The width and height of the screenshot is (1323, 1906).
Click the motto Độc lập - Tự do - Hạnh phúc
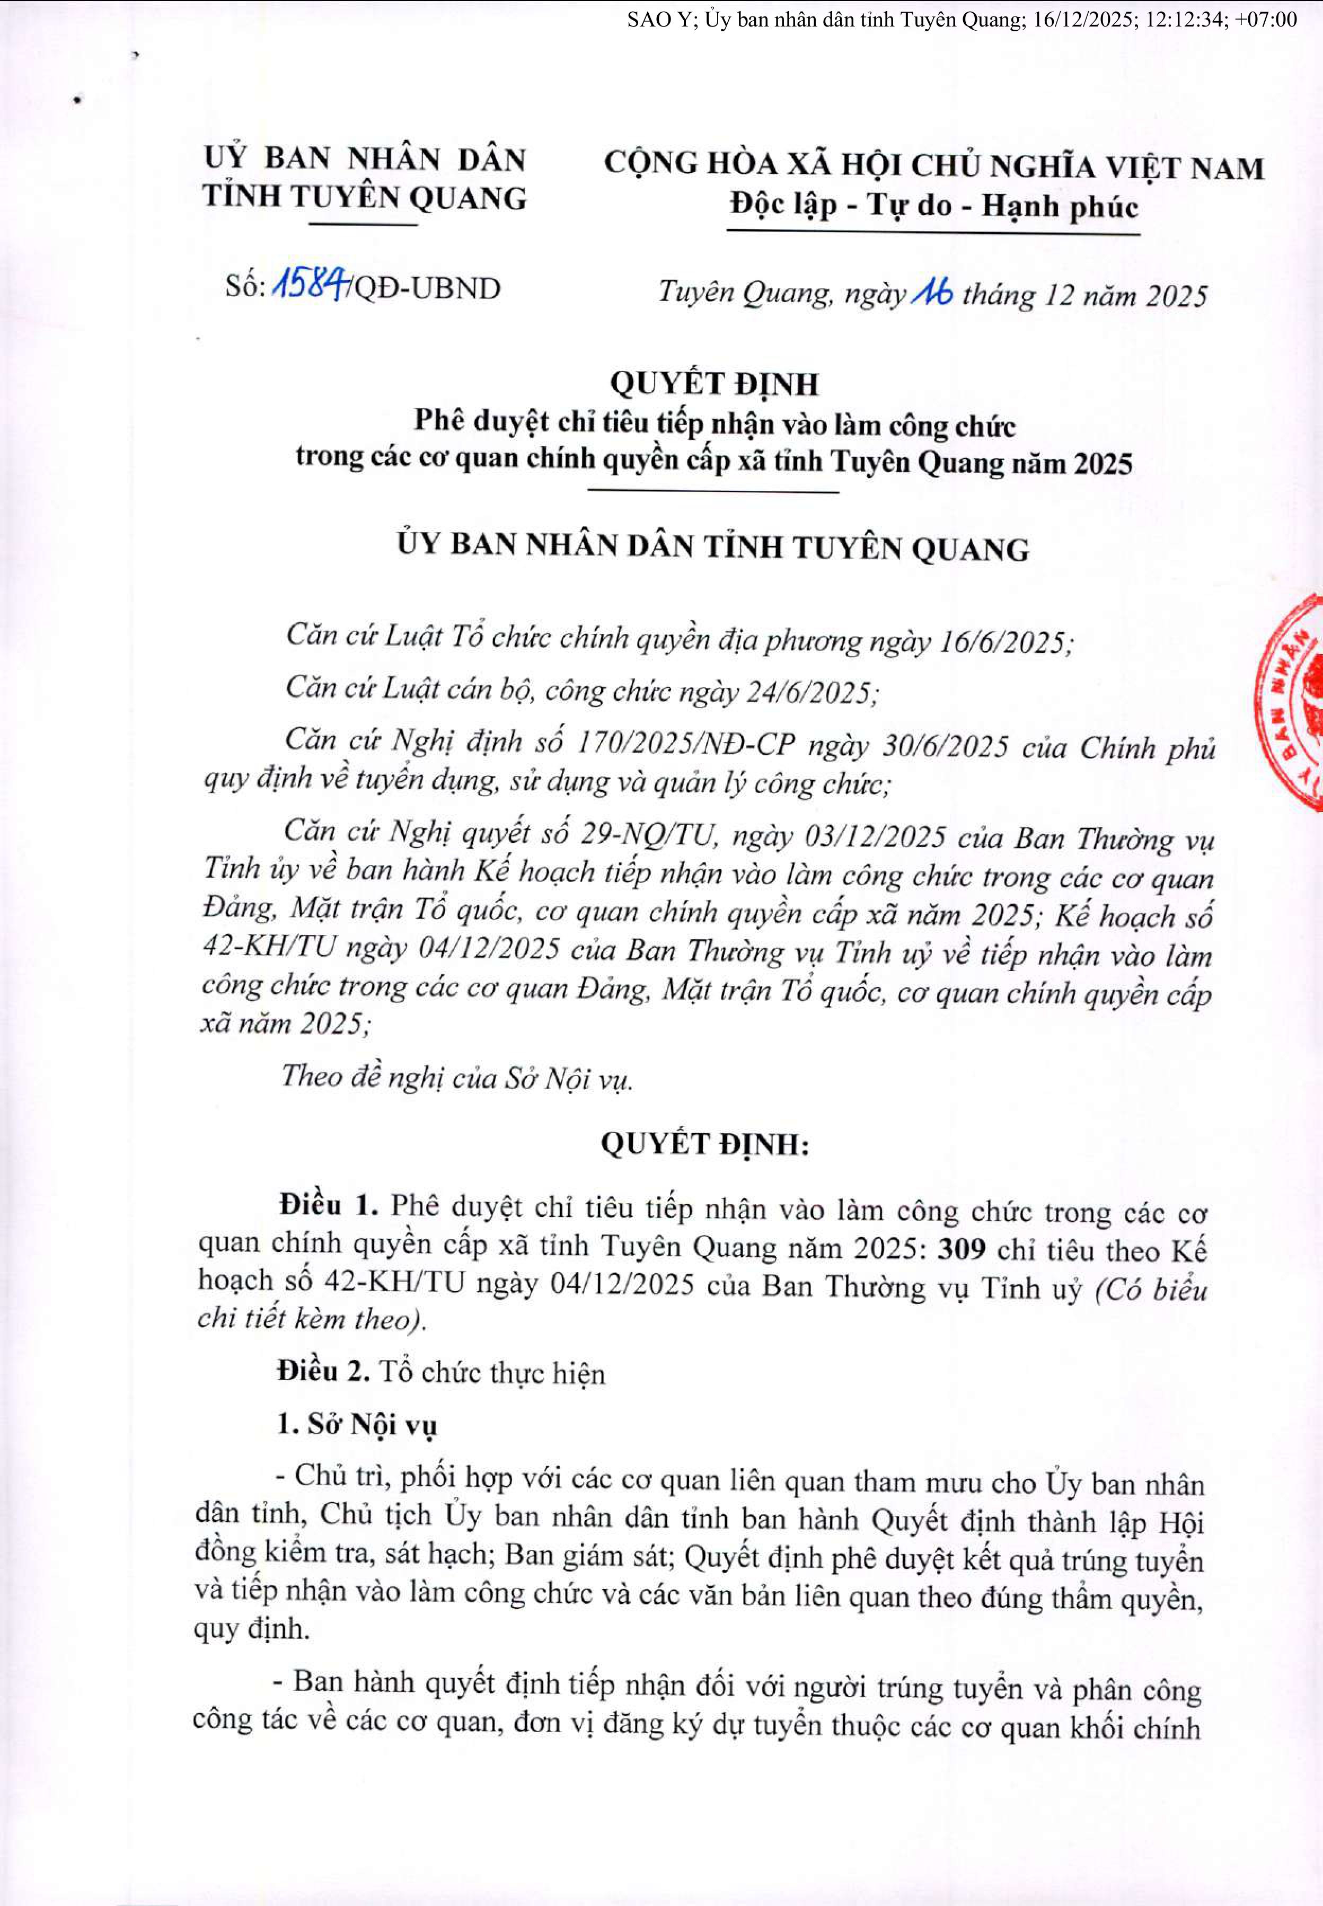click(x=933, y=206)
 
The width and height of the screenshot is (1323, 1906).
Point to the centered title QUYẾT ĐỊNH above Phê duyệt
click(x=714, y=384)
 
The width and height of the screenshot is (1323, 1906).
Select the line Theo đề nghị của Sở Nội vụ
click(x=457, y=1076)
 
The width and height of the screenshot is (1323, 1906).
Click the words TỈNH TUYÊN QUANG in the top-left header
click(x=365, y=197)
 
